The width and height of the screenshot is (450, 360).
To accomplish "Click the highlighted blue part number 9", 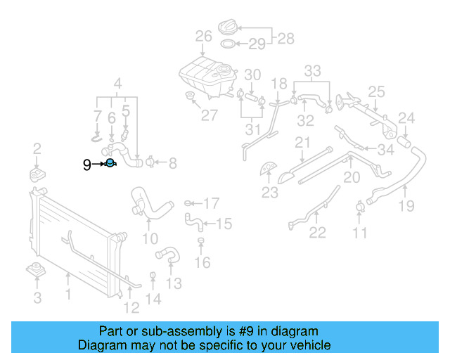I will click(110, 164).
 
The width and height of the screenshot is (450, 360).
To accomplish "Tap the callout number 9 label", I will click(87, 165).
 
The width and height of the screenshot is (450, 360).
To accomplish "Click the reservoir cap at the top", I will click(229, 29).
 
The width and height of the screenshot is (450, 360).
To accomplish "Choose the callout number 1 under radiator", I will click(68, 295).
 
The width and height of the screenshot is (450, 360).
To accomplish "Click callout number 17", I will click(211, 204).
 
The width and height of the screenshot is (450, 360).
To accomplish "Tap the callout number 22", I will click(318, 233).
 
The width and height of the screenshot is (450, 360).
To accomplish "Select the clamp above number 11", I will click(360, 207).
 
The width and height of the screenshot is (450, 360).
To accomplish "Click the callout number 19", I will click(406, 206).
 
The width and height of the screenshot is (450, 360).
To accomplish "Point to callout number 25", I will click(376, 91).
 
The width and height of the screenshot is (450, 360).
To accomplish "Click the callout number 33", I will click(312, 70).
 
